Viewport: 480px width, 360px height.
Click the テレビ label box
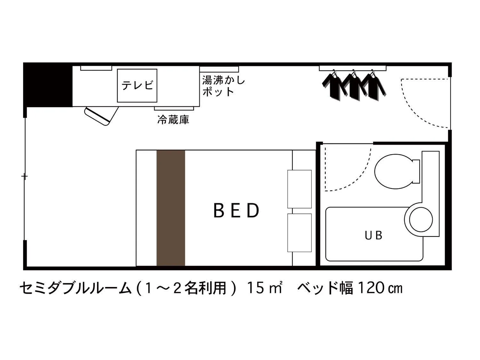coord(137,85)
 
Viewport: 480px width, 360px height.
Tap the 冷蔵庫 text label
coord(173,120)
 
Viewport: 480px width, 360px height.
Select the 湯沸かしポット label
coord(223,86)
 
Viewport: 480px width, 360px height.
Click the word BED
coord(236,211)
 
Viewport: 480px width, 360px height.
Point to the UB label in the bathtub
coord(374,236)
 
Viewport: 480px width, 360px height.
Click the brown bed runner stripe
coord(171,208)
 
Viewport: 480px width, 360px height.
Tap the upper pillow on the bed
coord(299,189)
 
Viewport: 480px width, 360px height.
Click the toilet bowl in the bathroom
coord(394,171)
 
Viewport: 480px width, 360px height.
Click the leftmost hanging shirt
coord(333,85)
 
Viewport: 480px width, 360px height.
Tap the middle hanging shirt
coord(353,85)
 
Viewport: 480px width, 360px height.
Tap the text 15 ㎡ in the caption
coord(264,288)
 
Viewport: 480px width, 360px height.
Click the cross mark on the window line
coord(25,176)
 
